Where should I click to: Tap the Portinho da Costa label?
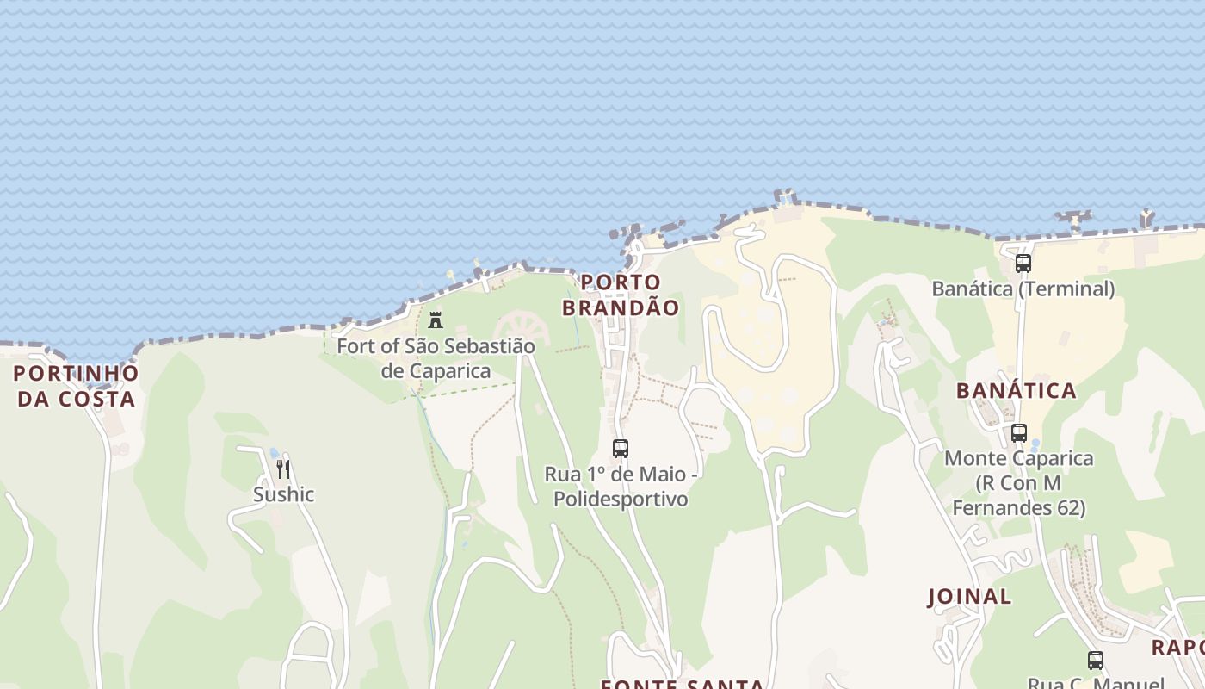[x=77, y=386]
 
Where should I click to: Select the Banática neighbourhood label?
[x=1017, y=391]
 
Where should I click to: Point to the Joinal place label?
[x=969, y=596]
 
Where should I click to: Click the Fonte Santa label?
[x=682, y=684]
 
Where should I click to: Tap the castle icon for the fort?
[x=436, y=320]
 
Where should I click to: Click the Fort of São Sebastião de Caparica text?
[x=436, y=358]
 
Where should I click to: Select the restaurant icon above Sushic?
[x=283, y=469]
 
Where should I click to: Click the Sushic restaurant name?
[x=283, y=494]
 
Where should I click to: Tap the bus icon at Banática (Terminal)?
[x=1023, y=264]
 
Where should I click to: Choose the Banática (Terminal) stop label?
[x=1023, y=289]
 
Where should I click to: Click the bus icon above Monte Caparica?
[x=1019, y=433]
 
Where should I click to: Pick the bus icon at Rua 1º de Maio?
[x=621, y=449]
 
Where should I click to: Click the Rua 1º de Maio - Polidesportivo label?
[x=621, y=487]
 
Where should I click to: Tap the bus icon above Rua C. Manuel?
[x=1096, y=661]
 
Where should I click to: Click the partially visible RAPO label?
[x=1179, y=648]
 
